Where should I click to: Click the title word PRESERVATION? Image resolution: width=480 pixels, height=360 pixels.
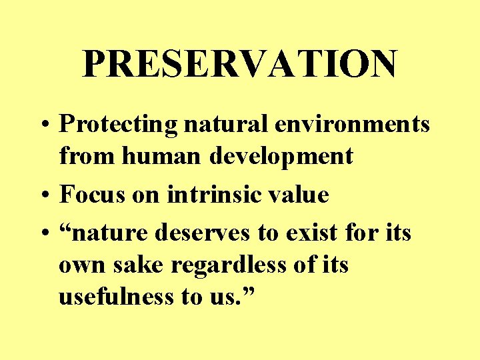(x=240, y=64)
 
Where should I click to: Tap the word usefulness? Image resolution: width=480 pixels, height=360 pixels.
(x=116, y=297)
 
